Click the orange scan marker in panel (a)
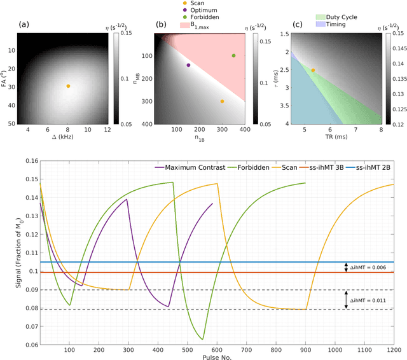click(68, 86)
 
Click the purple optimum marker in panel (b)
click(188, 65)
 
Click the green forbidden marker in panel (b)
click(234, 55)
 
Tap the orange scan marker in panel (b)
click(222, 101)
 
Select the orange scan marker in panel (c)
click(312, 70)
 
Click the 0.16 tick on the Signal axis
click(27, 162)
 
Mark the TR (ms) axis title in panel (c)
click(338, 137)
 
